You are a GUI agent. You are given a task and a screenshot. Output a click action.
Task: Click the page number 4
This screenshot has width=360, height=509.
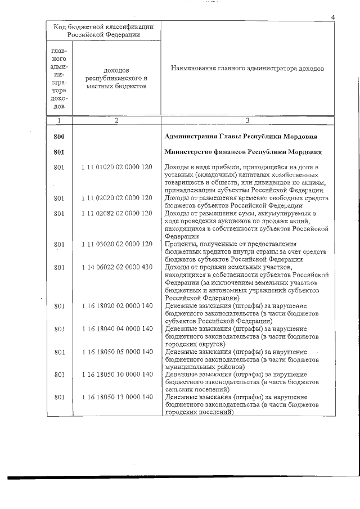click(333, 17)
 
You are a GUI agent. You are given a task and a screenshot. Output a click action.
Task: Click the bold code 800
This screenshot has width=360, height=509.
click(59, 137)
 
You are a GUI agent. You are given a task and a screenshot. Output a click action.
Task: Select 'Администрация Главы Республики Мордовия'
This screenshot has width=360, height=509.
click(240, 137)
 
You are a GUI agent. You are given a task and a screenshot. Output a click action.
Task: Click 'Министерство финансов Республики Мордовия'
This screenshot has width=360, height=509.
click(242, 152)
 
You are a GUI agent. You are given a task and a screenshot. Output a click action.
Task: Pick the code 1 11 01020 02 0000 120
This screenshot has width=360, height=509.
click(116, 168)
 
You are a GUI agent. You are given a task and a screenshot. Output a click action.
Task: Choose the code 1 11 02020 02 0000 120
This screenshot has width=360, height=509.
click(116, 198)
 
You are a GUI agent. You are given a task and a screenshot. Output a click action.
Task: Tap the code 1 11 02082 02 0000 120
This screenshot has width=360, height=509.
click(116, 214)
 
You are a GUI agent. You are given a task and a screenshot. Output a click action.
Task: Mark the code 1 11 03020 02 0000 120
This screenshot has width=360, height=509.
click(116, 244)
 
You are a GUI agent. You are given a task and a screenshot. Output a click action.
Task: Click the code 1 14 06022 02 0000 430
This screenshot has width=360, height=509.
click(116, 267)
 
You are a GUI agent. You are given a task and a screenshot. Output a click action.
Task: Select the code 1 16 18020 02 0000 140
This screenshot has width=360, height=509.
click(116, 306)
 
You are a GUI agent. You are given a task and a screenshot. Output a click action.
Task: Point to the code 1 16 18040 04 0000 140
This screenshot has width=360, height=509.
click(116, 328)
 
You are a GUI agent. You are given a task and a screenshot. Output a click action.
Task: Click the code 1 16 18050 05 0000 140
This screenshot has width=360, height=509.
click(116, 352)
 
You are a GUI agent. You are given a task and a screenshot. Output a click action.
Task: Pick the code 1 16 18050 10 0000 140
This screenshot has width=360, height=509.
click(116, 375)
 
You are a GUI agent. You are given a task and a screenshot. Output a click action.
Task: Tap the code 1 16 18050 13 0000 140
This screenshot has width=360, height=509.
click(116, 397)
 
